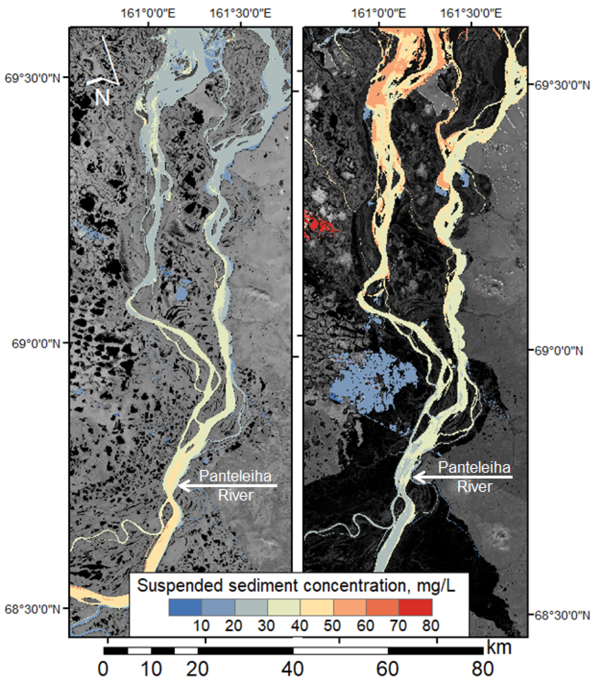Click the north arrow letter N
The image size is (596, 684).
[x=102, y=97]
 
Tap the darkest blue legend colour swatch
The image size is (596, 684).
[x=185, y=607]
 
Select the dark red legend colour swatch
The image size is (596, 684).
[x=416, y=607]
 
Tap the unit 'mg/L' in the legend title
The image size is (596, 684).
[x=436, y=586]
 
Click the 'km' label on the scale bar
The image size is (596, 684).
[x=499, y=647]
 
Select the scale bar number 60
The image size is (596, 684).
[x=387, y=669]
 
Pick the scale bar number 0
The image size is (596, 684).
[x=103, y=669]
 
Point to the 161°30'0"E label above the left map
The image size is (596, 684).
[x=240, y=13]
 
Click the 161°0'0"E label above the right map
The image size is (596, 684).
[x=379, y=13]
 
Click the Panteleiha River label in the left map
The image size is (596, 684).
[x=235, y=486]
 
